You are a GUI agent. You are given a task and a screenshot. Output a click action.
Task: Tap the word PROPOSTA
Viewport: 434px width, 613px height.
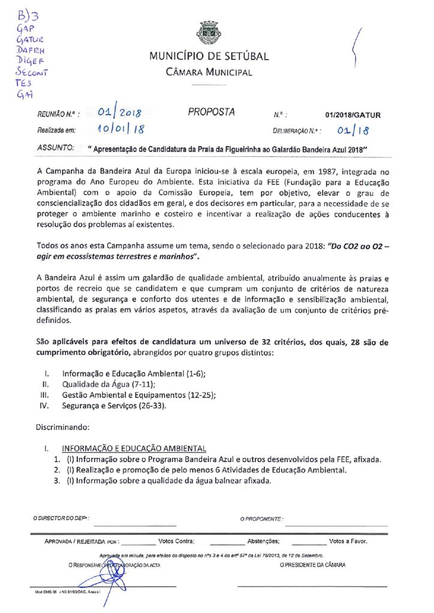(212, 112)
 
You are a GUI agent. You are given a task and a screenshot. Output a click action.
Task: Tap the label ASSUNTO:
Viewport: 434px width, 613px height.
(55, 146)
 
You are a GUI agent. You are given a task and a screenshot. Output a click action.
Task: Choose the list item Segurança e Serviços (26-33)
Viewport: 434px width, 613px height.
(114, 406)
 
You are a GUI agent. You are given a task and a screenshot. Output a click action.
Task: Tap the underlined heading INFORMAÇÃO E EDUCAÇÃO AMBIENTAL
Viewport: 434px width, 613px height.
(134, 448)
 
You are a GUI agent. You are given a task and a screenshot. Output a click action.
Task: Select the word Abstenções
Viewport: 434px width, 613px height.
(263, 541)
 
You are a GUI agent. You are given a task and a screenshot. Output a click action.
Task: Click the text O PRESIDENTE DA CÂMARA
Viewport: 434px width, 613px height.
(312, 565)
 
